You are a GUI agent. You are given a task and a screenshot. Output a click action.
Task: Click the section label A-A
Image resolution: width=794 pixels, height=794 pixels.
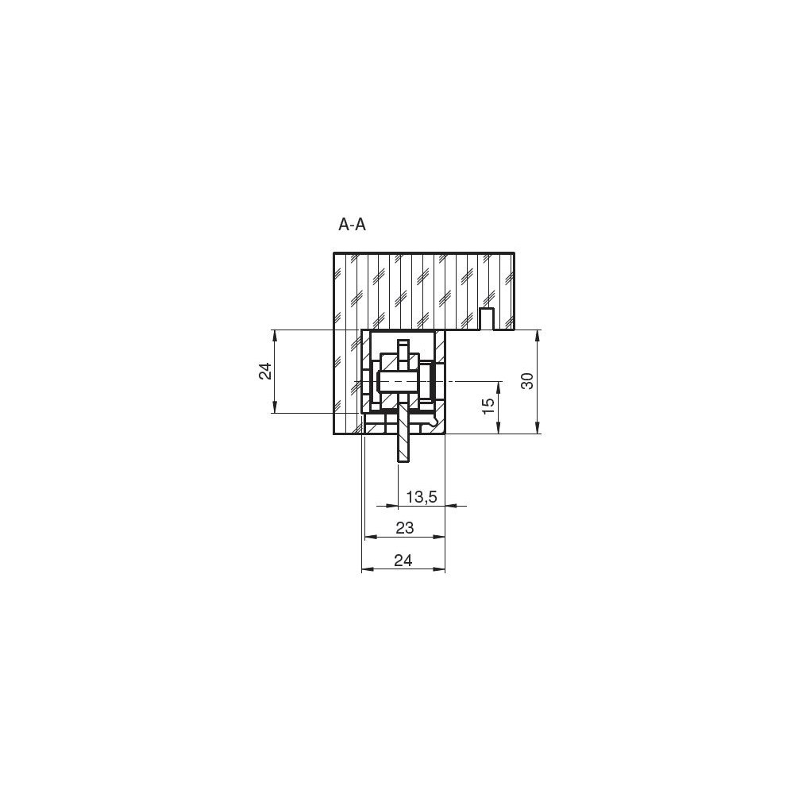click(x=352, y=225)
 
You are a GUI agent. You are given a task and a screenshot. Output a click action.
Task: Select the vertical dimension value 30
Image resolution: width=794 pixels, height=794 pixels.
click(x=527, y=381)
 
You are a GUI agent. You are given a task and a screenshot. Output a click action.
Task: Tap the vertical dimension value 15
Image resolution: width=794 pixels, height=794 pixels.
click(x=488, y=406)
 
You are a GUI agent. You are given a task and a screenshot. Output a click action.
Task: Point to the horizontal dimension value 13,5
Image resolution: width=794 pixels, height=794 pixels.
click(x=422, y=497)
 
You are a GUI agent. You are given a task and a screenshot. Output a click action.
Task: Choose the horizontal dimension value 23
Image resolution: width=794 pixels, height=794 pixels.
click(x=405, y=528)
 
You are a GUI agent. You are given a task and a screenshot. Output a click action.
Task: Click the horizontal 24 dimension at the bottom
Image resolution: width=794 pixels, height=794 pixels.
click(x=403, y=561)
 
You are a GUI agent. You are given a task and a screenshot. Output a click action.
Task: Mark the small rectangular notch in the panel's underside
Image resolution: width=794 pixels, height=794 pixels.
click(x=487, y=319)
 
